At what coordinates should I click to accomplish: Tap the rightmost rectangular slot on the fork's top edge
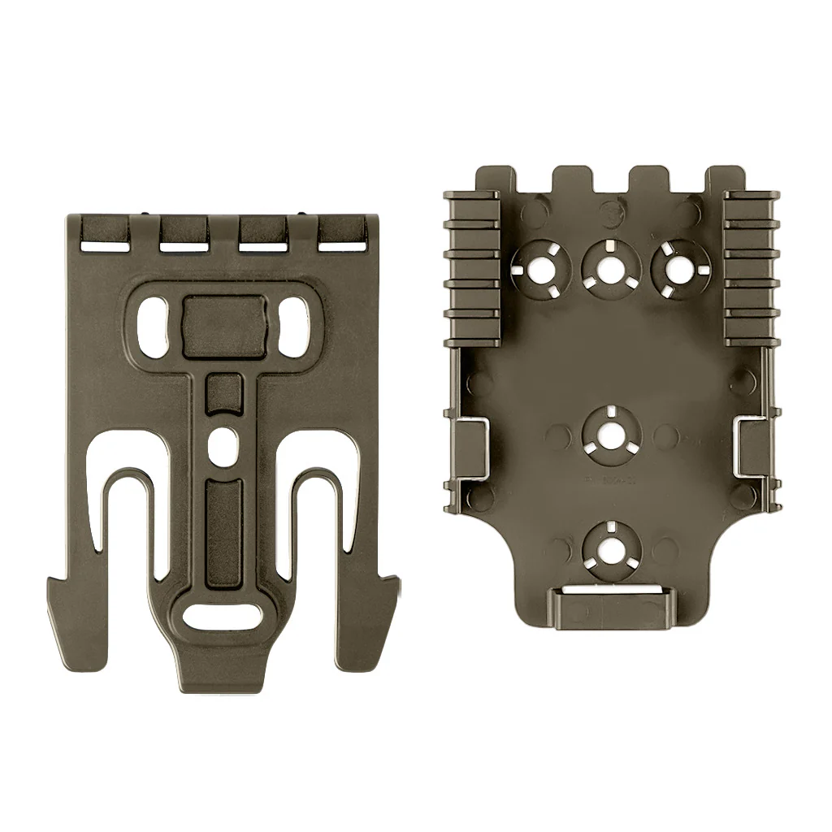click(x=342, y=242)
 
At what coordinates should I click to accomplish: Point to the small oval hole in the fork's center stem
click(x=221, y=444)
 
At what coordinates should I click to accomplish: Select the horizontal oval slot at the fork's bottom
click(x=221, y=616)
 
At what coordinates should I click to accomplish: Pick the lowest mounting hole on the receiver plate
click(x=607, y=544)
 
